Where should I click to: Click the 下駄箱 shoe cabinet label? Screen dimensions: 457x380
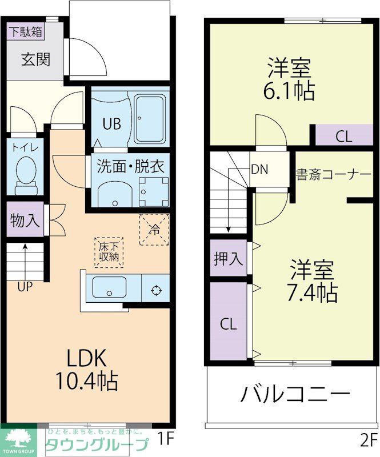pos(25,32)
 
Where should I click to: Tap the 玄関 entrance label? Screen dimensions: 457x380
pos(35,59)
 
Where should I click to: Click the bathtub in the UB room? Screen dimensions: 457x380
pos(150,120)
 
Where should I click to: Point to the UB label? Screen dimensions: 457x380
pos(111,124)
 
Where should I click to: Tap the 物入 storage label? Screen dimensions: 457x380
pos(25,221)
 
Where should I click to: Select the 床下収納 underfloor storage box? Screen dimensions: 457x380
pos(109,251)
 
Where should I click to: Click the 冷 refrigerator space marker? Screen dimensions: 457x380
pos(154,230)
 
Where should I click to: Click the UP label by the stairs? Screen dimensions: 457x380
pos(25,287)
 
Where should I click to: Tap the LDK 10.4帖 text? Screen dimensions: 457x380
pos(86,368)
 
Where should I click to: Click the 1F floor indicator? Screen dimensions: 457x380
pos(165,439)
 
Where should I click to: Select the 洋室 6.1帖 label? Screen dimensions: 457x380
pos(291,81)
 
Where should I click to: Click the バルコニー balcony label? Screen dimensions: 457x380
pos(294,394)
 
